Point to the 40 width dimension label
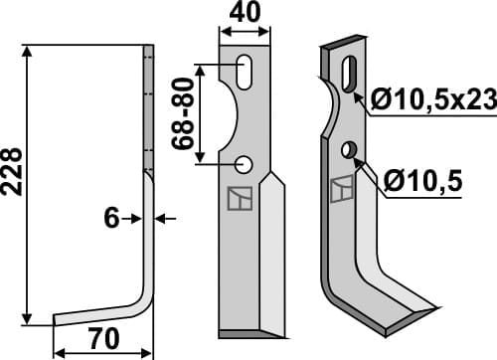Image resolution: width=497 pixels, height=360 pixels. tap(244, 14)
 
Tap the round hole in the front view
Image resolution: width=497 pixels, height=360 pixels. tap(244, 163)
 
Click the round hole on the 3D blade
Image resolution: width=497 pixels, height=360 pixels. tap(348, 149)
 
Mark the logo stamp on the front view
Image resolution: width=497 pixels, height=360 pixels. tap(239, 199)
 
